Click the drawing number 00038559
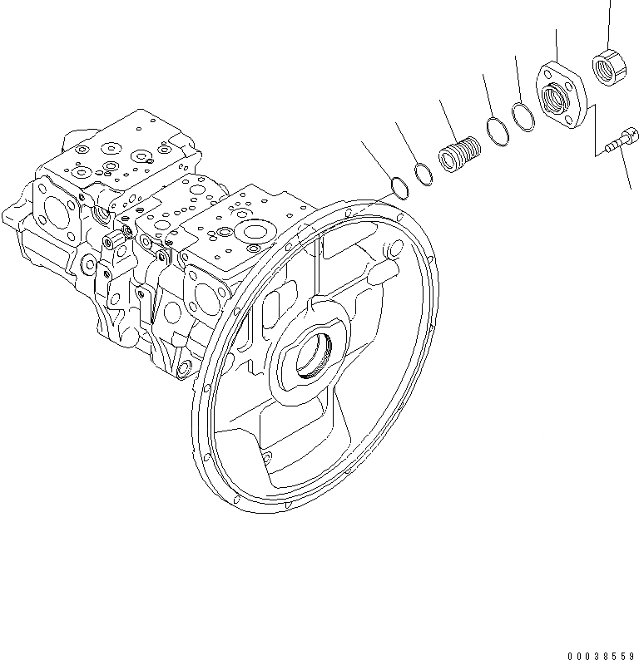click(x=598, y=653)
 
